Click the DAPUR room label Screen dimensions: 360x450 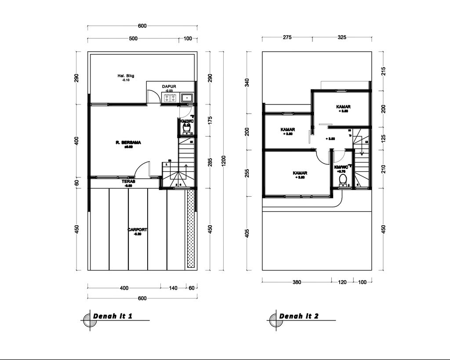(169, 86)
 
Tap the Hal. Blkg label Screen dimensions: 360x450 (126, 76)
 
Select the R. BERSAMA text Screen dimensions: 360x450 (128, 143)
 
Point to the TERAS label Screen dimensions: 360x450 (128, 181)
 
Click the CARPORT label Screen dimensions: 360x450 (138, 230)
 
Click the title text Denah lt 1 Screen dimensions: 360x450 (112, 316)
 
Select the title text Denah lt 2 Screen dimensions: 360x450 (298, 316)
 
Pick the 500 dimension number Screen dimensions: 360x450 (133, 39)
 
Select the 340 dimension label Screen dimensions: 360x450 (247, 83)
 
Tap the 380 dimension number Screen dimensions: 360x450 (297, 282)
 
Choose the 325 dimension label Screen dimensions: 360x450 (342, 37)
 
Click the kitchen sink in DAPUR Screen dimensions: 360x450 (186, 98)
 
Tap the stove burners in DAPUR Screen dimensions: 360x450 (170, 98)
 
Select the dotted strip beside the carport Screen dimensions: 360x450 (190, 228)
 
